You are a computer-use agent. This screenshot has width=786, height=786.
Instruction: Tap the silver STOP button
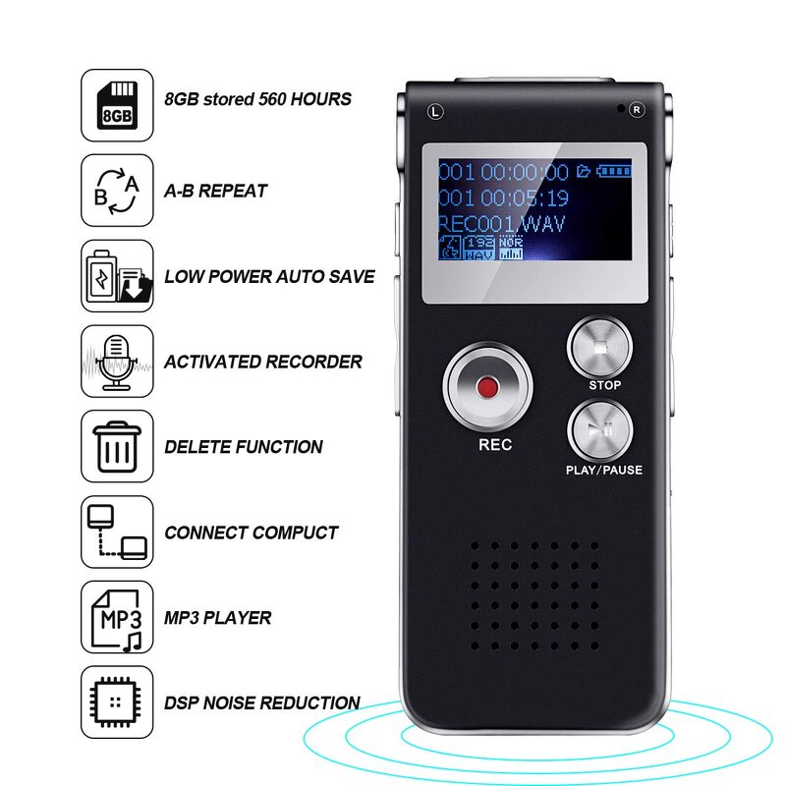pos(599,346)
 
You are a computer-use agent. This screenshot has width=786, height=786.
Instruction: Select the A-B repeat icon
pos(117,190)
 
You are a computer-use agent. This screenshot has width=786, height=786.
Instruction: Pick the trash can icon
pos(117,446)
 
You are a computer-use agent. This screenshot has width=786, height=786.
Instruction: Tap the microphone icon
pos(117,361)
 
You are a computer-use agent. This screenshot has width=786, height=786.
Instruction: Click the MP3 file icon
pos(117,617)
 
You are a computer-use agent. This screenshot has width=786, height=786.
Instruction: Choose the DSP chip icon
pos(117,702)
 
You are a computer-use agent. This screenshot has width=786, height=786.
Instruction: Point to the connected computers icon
pos(117,532)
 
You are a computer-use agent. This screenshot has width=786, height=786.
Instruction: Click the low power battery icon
pos(117,275)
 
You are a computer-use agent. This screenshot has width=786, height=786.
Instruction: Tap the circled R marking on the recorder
pos(636,111)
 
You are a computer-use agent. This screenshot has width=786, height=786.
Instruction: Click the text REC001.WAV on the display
pos(502,224)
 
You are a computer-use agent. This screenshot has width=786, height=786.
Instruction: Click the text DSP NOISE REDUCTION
pos(261,702)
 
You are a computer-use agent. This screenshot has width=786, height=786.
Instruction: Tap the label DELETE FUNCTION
pos(244,447)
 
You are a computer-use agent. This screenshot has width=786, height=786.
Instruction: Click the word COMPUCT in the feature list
pos(295,533)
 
